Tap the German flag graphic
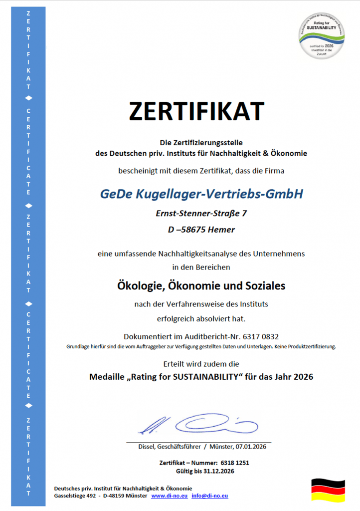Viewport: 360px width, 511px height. pyautogui.click(x=328, y=490)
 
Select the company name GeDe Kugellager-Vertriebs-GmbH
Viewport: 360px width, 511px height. pyautogui.click(x=201, y=194)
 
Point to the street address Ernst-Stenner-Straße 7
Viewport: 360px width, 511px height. pyautogui.click(x=201, y=214)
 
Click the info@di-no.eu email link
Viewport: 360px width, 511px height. pyautogui.click(x=209, y=496)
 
